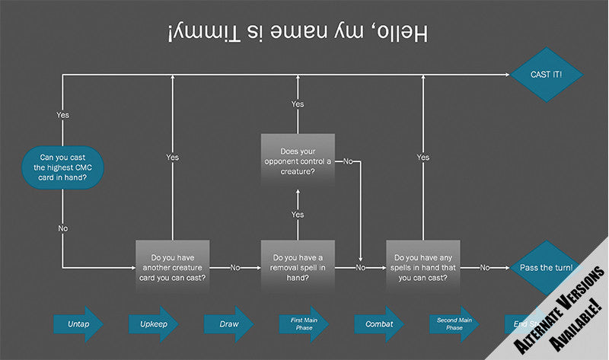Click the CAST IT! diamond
[546, 75]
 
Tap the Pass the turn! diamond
[545, 268]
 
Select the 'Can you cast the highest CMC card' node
[62, 167]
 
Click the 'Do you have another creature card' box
[173, 267]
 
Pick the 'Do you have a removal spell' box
[298, 267]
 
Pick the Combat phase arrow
[378, 323]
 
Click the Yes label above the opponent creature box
[298, 104]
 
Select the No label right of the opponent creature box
[347, 161]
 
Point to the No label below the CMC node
[62, 228]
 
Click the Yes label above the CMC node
[62, 115]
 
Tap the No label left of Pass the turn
[485, 268]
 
